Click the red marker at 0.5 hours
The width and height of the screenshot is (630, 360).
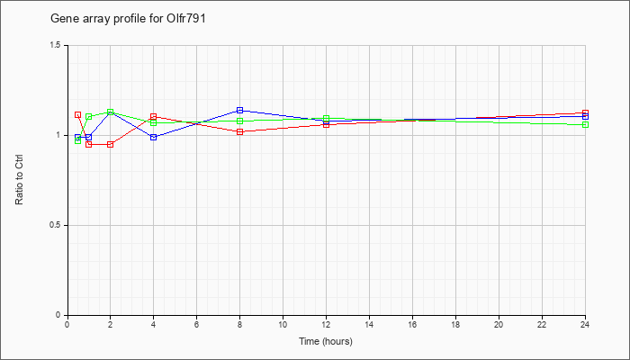point(78,115)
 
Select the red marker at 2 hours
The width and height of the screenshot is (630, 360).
point(110,144)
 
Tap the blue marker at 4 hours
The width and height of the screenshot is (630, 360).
point(153,137)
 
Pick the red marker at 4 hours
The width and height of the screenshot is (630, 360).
point(153,116)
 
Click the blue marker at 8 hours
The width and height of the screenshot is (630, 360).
point(240,110)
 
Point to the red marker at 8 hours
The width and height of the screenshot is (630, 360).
point(240,131)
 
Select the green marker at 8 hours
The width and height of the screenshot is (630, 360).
point(240,121)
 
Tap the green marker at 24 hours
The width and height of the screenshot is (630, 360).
point(585,124)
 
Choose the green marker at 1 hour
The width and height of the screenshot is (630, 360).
point(89,116)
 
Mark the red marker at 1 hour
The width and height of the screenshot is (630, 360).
point(89,144)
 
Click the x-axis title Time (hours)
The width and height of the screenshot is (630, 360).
point(326,341)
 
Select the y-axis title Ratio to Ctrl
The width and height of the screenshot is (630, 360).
point(19,179)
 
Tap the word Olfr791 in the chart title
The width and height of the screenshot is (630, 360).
point(186,19)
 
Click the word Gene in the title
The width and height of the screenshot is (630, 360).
point(61,19)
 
